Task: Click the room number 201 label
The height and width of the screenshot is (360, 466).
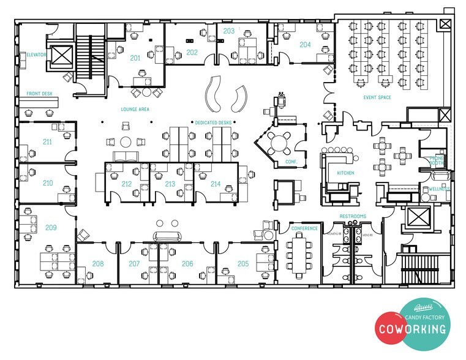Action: click(135, 58)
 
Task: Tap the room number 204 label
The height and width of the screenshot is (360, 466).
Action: click(305, 45)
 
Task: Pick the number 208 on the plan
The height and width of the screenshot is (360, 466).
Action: click(98, 264)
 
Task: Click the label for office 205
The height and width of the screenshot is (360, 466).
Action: click(243, 264)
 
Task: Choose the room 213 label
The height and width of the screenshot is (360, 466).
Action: click(170, 184)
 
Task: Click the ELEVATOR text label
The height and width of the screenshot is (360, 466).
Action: click(36, 54)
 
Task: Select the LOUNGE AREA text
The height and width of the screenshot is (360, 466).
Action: click(135, 109)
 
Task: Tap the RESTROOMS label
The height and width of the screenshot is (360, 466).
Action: click(353, 216)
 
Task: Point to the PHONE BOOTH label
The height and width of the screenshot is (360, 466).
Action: click(437, 160)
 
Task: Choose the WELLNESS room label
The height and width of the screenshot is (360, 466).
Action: click(439, 189)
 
